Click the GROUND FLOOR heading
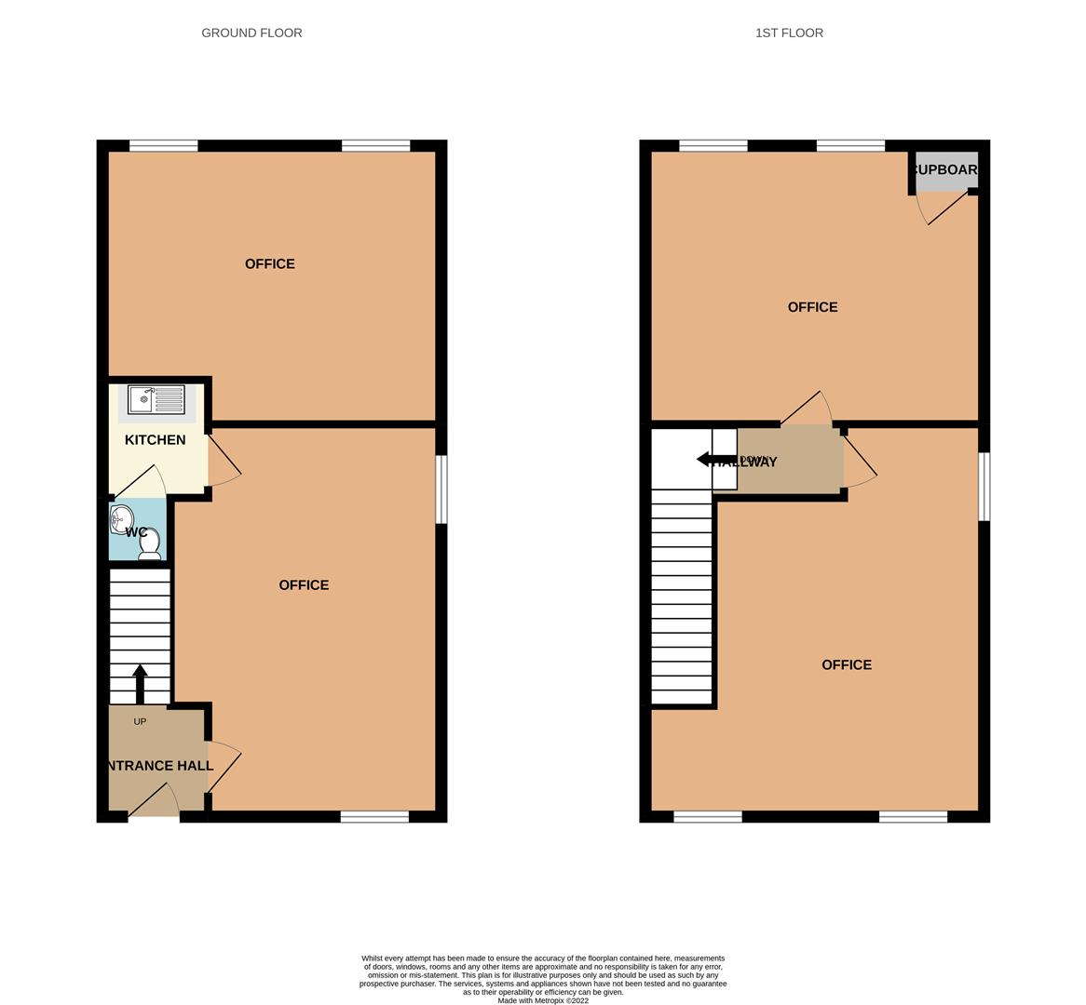tap(251, 33)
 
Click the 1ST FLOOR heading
tap(789, 33)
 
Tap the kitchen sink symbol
tap(156, 399)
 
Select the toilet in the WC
tap(149, 543)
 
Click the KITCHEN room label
tap(155, 440)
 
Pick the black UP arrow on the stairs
tap(140, 683)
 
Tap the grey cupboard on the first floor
tap(946, 171)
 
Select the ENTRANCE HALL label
tap(158, 766)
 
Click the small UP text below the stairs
tap(140, 721)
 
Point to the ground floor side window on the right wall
tap(441, 489)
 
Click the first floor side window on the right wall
tap(984, 487)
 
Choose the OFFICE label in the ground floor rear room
tap(270, 264)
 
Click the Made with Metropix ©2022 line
tap(543, 1000)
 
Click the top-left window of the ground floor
tap(163, 145)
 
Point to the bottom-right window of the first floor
tap(913, 817)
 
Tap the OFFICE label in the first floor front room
tap(847, 664)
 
